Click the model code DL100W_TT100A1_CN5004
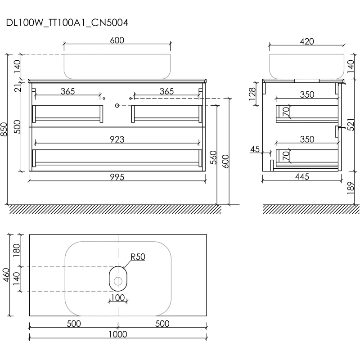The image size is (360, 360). (x=67, y=23)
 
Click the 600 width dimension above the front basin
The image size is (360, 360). (x=117, y=40)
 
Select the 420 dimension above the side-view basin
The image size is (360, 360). (x=307, y=41)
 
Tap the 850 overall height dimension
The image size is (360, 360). (x=4, y=129)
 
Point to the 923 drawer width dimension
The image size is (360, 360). (x=117, y=139)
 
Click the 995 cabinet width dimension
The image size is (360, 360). (x=117, y=177)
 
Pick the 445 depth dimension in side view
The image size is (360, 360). (x=302, y=177)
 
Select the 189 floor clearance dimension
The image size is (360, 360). (x=351, y=188)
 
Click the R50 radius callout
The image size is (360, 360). (x=138, y=256)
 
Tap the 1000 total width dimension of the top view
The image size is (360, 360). (x=118, y=334)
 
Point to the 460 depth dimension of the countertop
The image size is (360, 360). (x=6, y=275)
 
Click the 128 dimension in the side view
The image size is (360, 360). (x=252, y=94)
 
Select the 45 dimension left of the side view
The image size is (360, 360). (x=255, y=149)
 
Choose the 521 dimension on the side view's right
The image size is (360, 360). (x=351, y=125)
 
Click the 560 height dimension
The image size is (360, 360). (x=213, y=157)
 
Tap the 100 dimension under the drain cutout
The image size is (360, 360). (x=118, y=298)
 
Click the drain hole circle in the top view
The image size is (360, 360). (x=118, y=281)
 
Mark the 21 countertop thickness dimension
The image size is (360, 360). (x=18, y=87)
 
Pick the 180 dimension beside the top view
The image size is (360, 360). (x=17, y=250)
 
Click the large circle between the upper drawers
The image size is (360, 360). (x=117, y=106)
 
